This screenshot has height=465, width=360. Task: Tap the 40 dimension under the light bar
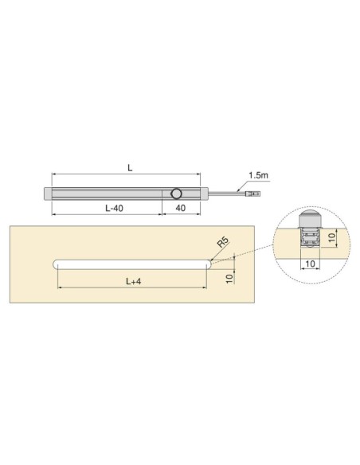click(182, 207)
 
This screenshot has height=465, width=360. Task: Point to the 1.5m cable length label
click(258, 174)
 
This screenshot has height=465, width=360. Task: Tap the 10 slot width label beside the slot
click(230, 276)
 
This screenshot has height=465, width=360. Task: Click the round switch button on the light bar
click(177, 193)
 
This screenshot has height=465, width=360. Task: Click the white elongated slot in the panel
click(131, 264)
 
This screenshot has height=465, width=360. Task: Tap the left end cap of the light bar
click(46, 193)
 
